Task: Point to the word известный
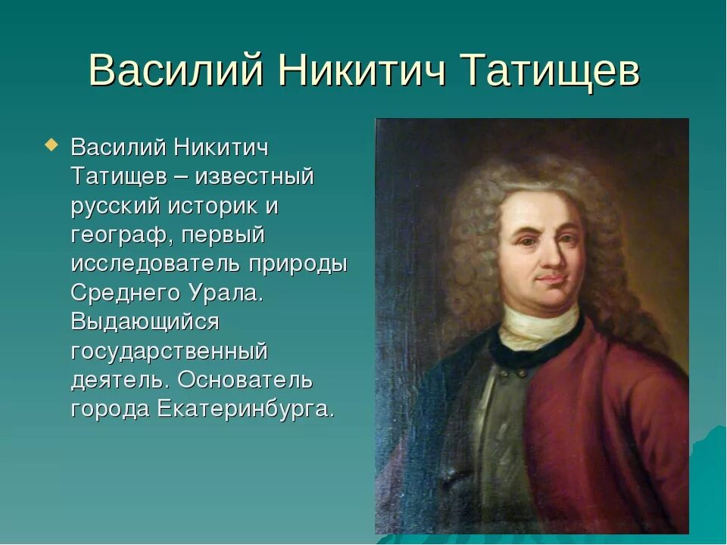click(254, 177)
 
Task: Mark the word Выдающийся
click(145, 322)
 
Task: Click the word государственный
click(169, 351)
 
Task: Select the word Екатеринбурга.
click(246, 410)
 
